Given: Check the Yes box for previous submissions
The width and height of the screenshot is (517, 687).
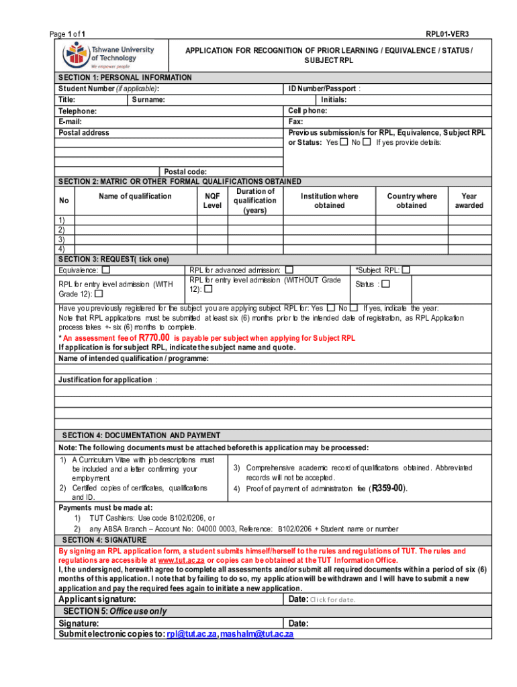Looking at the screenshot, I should pyautogui.click(x=344, y=142).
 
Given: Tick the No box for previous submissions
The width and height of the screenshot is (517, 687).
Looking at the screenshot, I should pyautogui.click(x=366, y=142).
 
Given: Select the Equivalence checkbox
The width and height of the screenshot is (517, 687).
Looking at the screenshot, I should pyautogui.click(x=106, y=270).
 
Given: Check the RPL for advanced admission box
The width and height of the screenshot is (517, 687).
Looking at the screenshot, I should pyautogui.click(x=289, y=270).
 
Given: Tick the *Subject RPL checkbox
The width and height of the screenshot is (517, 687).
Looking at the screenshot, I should pyautogui.click(x=406, y=270).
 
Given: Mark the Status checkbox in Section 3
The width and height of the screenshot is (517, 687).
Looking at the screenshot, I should pyautogui.click(x=385, y=284).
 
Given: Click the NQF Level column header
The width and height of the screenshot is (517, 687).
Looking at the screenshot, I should pyautogui.click(x=212, y=201).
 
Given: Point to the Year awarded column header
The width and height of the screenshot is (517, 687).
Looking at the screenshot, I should pyautogui.click(x=469, y=201).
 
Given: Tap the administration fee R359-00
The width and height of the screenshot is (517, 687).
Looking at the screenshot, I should pyautogui.click(x=389, y=488).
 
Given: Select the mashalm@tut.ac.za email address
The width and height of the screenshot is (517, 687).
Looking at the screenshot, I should pyautogui.click(x=256, y=634).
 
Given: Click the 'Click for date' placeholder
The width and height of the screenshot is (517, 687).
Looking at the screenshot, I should pyautogui.click(x=332, y=600).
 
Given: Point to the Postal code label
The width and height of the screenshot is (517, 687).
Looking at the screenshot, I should pyautogui.click(x=186, y=172).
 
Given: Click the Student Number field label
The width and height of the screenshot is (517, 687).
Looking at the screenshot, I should pyautogui.click(x=109, y=89).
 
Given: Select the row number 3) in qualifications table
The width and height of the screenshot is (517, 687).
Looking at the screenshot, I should pyautogui.click(x=62, y=239).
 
